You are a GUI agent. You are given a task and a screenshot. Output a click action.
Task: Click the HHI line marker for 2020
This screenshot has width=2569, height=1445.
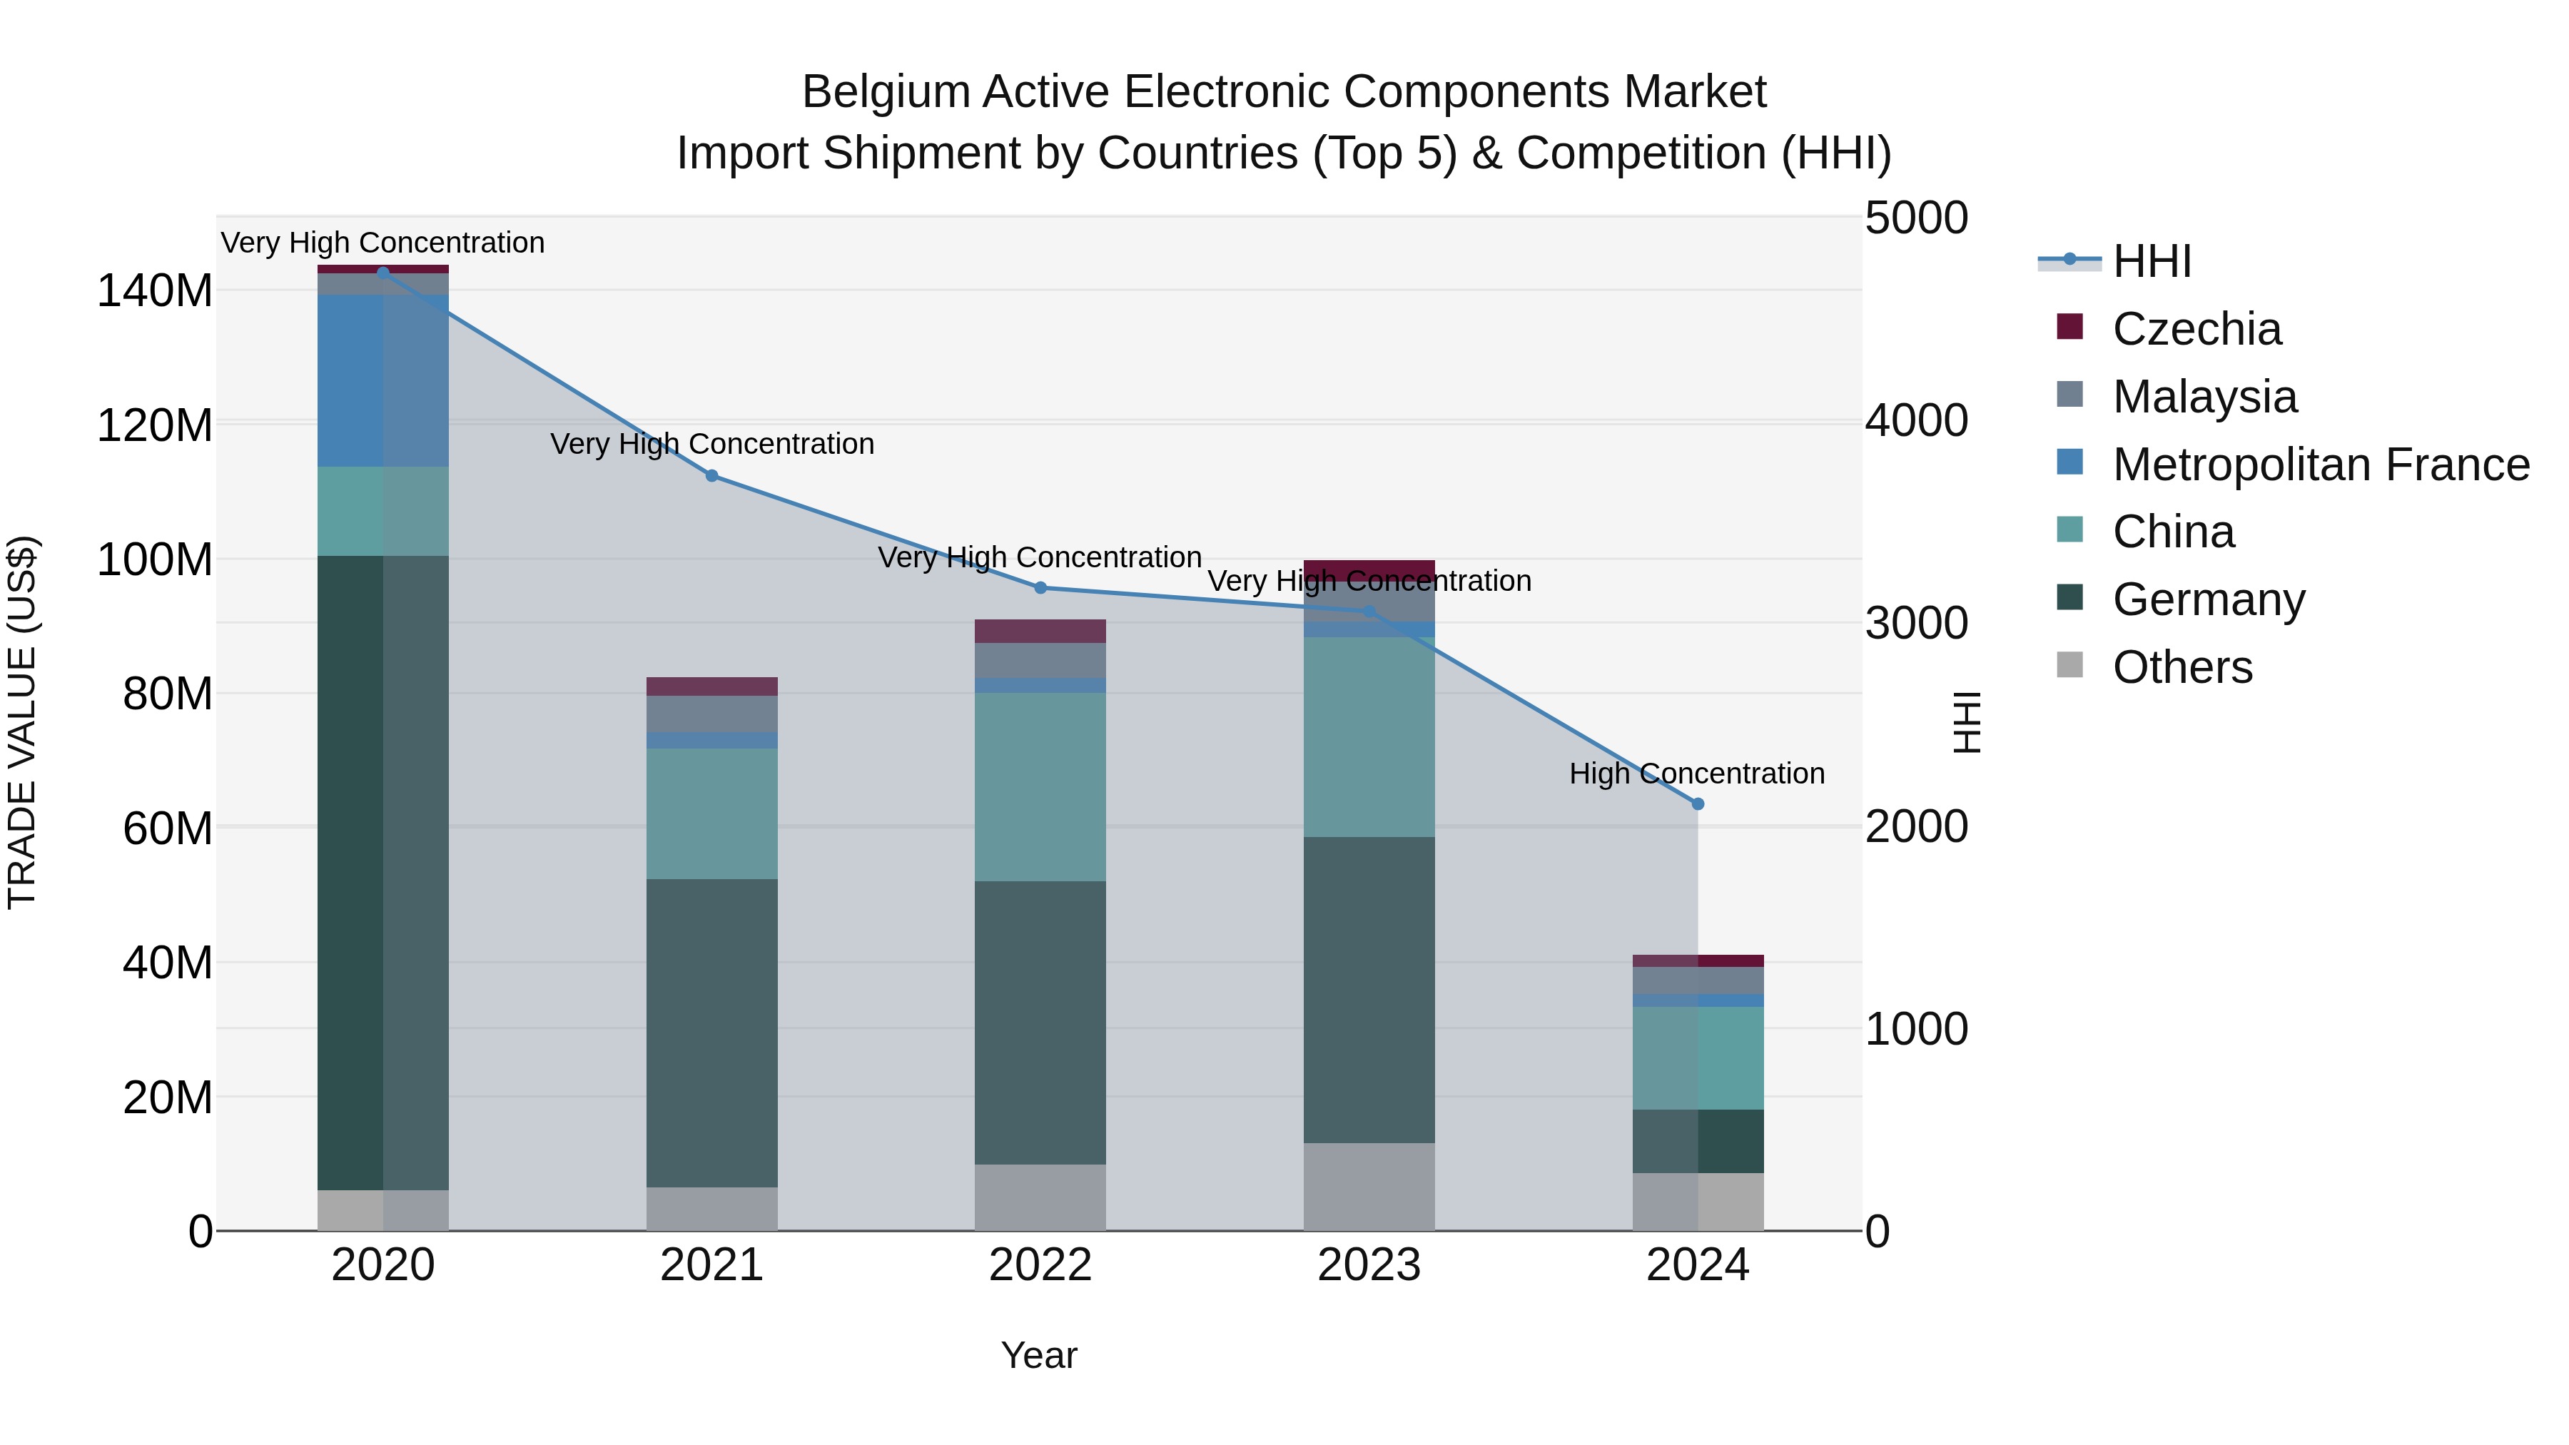point(383,273)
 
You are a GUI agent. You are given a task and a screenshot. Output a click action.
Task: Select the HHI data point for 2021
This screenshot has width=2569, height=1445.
point(711,476)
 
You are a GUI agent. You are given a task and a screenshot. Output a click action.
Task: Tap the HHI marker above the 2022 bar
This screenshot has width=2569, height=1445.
point(1040,587)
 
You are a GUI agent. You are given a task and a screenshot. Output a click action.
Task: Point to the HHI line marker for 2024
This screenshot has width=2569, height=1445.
point(1698,803)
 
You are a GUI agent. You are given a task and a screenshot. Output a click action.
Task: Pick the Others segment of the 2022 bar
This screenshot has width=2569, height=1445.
point(1040,1197)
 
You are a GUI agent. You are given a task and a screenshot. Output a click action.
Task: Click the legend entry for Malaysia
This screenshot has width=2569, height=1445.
point(2204,397)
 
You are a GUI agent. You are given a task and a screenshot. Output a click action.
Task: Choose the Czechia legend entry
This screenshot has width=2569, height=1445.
point(2196,329)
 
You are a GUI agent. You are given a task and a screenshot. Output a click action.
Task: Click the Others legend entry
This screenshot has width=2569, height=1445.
point(2182,667)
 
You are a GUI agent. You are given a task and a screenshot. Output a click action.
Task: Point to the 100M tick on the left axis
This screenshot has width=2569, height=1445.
point(155,560)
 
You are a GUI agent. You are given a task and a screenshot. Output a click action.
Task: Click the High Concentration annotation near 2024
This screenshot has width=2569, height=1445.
point(1696,774)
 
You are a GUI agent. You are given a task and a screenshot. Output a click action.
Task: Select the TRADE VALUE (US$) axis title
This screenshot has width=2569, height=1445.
point(22,722)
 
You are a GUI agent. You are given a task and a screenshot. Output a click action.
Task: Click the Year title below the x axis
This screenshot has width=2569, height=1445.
point(1039,1355)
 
